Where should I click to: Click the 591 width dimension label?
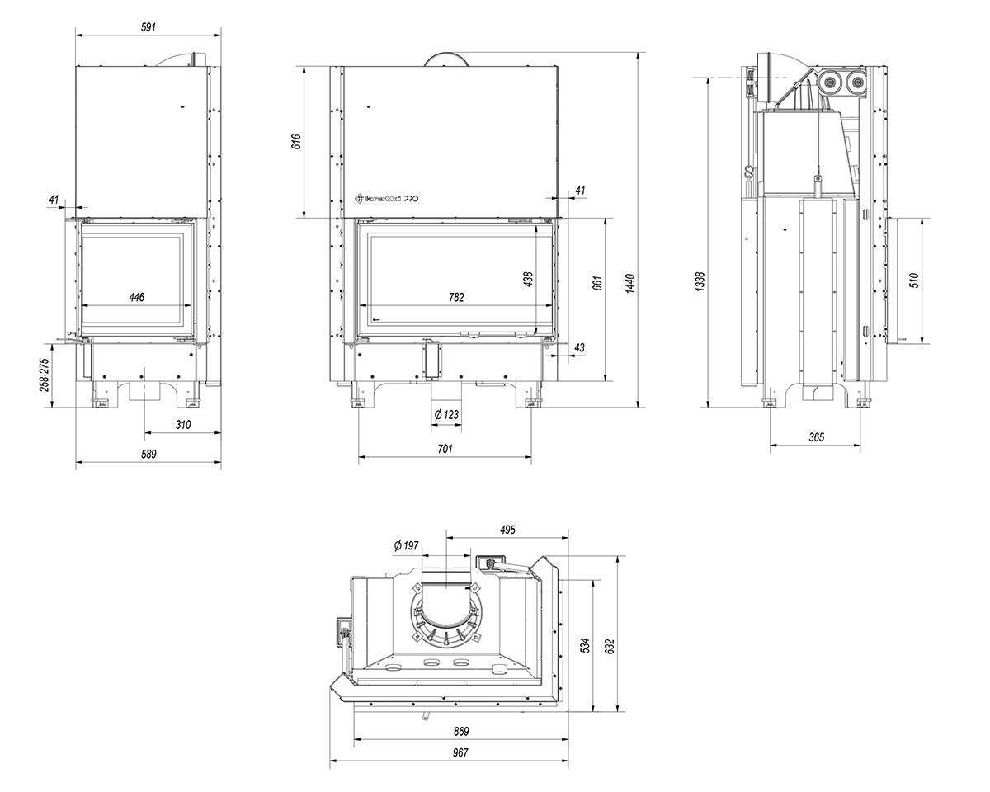click(148, 27)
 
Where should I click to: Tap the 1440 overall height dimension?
click(630, 282)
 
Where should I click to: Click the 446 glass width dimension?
click(137, 298)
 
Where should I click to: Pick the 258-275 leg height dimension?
click(45, 375)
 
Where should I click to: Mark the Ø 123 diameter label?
click(445, 414)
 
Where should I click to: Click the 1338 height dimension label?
click(700, 282)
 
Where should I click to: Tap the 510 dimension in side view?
click(913, 280)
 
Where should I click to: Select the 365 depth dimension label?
click(816, 437)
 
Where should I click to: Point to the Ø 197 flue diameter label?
click(407, 545)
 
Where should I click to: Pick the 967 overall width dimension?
click(460, 752)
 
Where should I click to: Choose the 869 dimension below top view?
click(460, 731)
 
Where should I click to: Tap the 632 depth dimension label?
click(610, 643)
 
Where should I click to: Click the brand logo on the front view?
click(383, 198)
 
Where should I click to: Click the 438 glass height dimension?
click(528, 280)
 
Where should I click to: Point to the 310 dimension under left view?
click(183, 425)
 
